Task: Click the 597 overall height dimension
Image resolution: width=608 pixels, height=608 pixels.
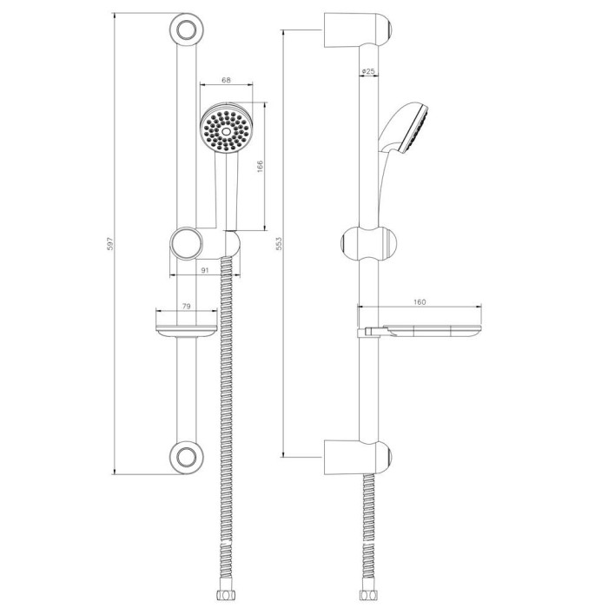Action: point(110,243)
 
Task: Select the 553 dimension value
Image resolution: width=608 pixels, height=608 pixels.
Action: point(279,243)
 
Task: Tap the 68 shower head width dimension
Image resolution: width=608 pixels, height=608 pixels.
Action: point(226,80)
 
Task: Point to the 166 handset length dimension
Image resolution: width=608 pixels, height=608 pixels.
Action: point(260,167)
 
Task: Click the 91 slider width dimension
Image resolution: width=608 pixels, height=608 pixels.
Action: point(205,270)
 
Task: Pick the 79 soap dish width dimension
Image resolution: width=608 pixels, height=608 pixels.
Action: point(186,307)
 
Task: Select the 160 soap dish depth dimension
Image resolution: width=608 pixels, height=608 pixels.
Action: point(420,302)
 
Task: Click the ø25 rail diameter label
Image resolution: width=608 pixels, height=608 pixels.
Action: point(368,71)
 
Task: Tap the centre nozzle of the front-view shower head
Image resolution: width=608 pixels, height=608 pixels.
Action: point(226,131)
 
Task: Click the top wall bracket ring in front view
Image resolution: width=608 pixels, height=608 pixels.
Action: point(187,30)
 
